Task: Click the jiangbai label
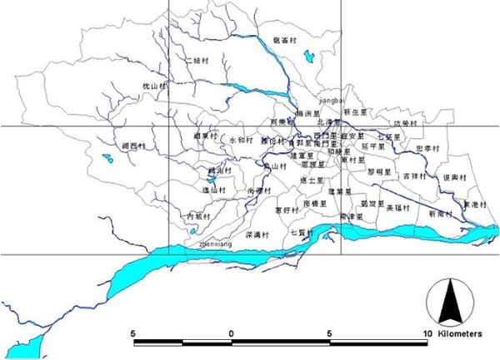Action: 332,99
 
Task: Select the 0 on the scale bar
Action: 231,332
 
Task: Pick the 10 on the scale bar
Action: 427,332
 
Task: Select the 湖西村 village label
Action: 133,146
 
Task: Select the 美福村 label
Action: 398,207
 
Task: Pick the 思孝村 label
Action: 428,148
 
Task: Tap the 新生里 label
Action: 355,112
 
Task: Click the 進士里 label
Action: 309,180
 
